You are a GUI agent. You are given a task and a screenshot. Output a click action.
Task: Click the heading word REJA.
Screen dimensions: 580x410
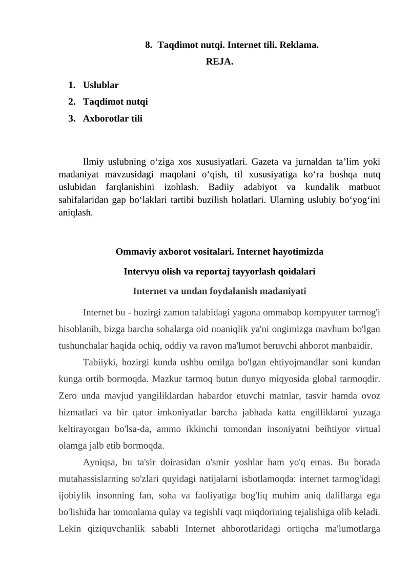[x=219, y=62]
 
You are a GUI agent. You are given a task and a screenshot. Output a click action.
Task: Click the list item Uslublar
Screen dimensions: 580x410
[x=101, y=85]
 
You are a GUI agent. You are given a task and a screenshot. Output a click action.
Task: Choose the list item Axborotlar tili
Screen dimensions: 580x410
[x=113, y=118]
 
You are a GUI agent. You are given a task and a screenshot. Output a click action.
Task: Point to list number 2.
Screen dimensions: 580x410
[x=71, y=102]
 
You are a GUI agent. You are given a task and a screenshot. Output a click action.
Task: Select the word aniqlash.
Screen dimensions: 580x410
[x=76, y=211]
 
